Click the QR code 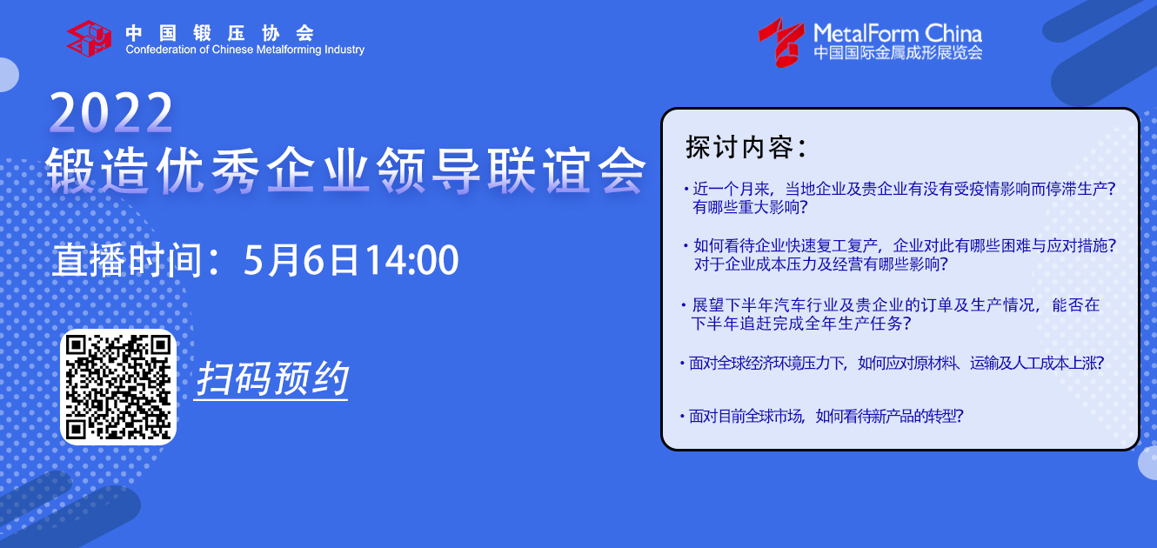(118, 387)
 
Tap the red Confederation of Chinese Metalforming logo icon (89, 38)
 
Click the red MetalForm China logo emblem (781, 43)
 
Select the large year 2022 (111, 112)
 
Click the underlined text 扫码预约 (271, 378)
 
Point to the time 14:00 (412, 260)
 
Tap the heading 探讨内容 (746, 147)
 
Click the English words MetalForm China (898, 34)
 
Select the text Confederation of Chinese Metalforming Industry (244, 50)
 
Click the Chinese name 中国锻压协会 (219, 33)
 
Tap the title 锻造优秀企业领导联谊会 (345, 170)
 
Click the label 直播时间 (127, 260)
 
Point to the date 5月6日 (301, 260)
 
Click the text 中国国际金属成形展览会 (898, 53)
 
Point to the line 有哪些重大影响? (750, 207)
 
